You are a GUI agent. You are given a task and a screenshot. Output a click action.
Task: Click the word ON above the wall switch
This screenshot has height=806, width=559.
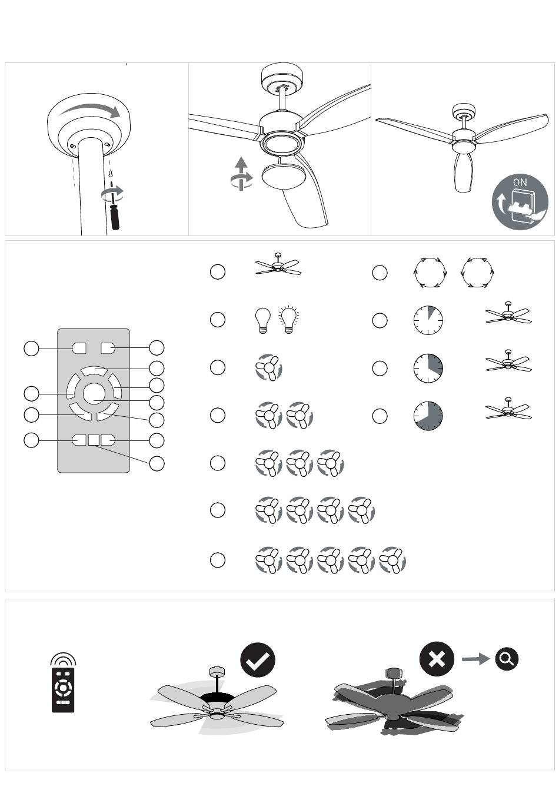pyautogui.click(x=520, y=183)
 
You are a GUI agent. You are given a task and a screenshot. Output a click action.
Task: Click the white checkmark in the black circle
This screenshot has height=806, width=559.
pyautogui.click(x=258, y=660)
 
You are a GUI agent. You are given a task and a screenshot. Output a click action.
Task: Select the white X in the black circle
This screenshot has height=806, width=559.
pyautogui.click(x=437, y=659)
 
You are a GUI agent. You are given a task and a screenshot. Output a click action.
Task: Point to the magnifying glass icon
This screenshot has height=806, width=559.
pyautogui.click(x=507, y=659)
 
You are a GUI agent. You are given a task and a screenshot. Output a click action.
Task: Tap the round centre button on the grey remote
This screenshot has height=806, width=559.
pyautogui.click(x=94, y=394)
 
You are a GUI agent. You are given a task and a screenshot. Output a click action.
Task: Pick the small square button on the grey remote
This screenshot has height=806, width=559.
pyautogui.click(x=94, y=440)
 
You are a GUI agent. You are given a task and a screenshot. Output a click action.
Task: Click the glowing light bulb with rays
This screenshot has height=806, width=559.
pyautogui.click(x=288, y=320)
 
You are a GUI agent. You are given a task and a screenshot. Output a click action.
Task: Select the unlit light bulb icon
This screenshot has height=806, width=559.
pyautogui.click(x=262, y=321)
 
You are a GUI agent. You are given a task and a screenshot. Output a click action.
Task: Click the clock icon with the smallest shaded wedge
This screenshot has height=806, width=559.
pyautogui.click(x=428, y=320)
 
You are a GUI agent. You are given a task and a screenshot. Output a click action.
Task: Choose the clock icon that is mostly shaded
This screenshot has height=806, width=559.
pyautogui.click(x=428, y=416)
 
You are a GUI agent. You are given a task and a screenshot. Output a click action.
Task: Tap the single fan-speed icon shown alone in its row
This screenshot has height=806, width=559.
pyautogui.click(x=269, y=367)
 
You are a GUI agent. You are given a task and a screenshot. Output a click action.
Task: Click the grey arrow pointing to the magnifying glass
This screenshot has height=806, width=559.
pyautogui.click(x=475, y=659)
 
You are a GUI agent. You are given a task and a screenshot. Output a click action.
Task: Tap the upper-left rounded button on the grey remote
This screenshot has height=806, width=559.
pyautogui.click(x=79, y=349)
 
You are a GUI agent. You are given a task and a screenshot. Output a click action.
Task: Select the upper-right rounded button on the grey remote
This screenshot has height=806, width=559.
pyautogui.click(x=108, y=349)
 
